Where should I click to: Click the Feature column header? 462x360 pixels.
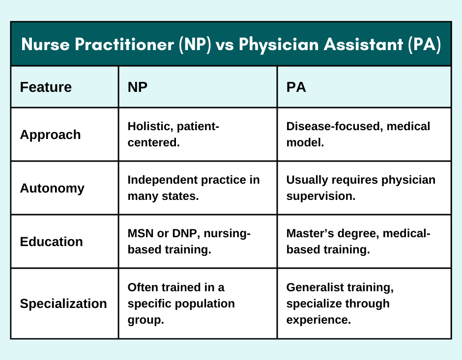[x=46, y=87]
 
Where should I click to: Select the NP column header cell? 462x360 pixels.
[x=138, y=87]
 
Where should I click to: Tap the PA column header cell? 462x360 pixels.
[x=296, y=87]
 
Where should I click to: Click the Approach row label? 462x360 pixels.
[x=50, y=135]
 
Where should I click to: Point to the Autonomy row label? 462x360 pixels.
[x=52, y=188]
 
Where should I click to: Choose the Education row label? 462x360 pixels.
[x=51, y=242]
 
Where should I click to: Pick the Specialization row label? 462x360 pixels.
[x=63, y=304]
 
